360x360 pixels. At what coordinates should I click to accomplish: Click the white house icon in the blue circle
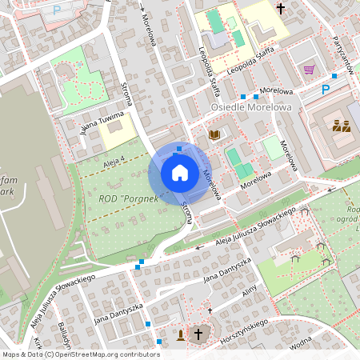180,172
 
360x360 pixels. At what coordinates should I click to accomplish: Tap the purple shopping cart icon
309,70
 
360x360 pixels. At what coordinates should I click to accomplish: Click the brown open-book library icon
214,134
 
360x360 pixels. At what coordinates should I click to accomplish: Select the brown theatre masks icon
342,125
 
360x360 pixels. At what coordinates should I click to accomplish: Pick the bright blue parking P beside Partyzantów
326,89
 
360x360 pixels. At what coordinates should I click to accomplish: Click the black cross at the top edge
281,8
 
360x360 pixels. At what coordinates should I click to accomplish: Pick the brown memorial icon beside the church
182,334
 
